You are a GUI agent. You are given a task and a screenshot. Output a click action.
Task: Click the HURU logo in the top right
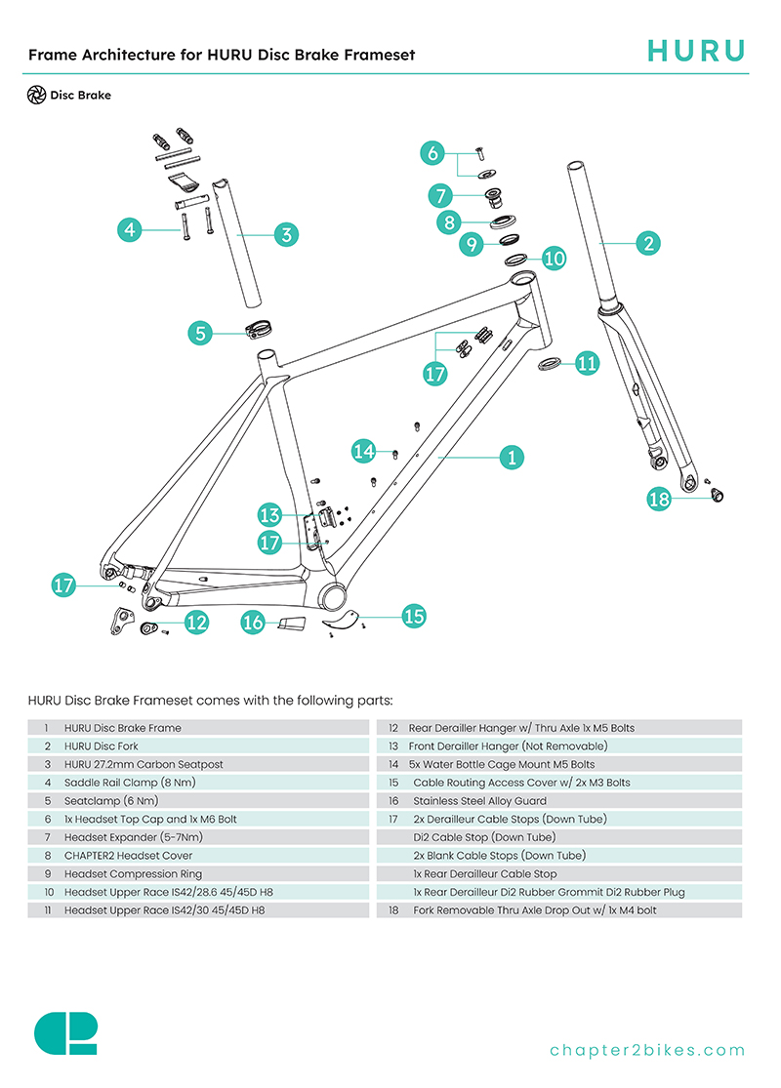(x=697, y=51)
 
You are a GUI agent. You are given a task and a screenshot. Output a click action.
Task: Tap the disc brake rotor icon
(x=37, y=96)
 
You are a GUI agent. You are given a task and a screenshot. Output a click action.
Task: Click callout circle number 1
(x=512, y=456)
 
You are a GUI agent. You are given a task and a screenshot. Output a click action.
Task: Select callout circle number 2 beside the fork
(x=648, y=243)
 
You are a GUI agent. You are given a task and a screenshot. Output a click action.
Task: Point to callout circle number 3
(x=285, y=234)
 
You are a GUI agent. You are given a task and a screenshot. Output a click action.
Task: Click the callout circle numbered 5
(x=201, y=333)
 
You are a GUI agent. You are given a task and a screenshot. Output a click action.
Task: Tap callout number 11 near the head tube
(x=587, y=364)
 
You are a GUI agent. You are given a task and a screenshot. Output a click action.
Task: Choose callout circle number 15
(x=414, y=616)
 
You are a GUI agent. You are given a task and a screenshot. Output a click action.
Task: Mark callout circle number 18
(x=660, y=499)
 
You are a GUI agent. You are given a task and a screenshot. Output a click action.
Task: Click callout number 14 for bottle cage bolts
(x=364, y=450)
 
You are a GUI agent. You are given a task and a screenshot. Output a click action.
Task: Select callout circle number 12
(x=196, y=622)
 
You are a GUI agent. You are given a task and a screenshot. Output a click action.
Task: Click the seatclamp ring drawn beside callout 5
(x=259, y=329)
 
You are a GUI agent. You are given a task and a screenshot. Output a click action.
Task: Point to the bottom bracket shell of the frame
(x=333, y=595)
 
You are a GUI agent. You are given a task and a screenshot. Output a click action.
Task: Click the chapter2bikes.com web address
(x=647, y=1050)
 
